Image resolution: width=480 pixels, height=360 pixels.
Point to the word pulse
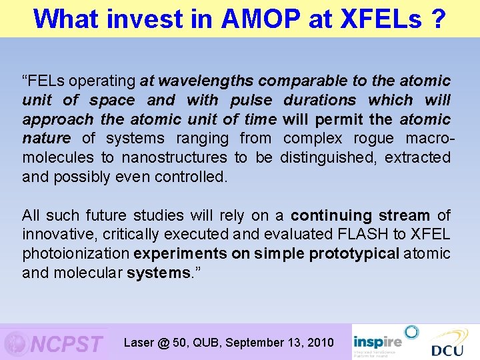point(251,100)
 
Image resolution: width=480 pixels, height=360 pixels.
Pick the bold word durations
point(320,100)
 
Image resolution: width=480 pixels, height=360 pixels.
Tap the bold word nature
point(46,139)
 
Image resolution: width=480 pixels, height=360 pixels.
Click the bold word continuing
point(331,215)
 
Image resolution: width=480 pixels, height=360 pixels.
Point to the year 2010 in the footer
point(319,343)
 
